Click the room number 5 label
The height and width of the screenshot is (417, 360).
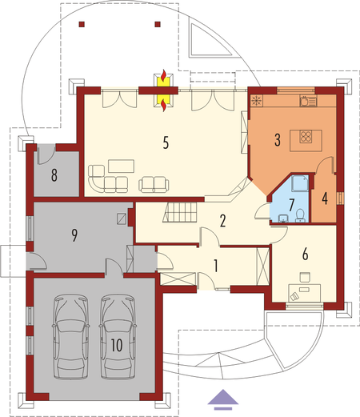tap(166, 142)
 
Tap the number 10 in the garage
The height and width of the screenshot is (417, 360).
tap(117, 345)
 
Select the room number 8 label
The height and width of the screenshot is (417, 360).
tap(54, 175)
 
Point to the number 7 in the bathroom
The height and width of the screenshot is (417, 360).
tap(291, 205)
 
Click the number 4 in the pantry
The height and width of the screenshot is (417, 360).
tap(325, 198)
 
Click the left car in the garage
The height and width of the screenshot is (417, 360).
tap(71, 336)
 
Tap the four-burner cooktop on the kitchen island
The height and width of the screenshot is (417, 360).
tap(306, 137)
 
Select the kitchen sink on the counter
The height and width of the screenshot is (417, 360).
tap(308, 101)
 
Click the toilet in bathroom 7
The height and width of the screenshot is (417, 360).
tap(300, 215)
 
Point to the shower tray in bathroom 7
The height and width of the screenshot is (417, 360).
tap(300, 183)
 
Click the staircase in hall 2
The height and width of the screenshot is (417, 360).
tap(180, 212)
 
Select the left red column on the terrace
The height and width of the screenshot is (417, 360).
tap(82, 24)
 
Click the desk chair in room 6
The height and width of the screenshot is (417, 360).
tap(305, 277)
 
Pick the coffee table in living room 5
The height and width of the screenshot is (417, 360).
tap(121, 166)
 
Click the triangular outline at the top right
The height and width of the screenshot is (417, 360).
tap(209, 40)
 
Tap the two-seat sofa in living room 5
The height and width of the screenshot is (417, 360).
tap(154, 184)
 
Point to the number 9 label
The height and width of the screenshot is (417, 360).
tap(74, 235)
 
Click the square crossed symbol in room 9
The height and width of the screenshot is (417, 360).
tap(122, 219)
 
